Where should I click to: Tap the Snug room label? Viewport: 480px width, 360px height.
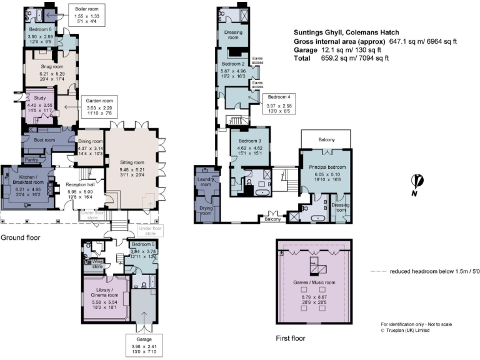(49, 66)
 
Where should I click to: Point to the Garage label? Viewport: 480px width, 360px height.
(144, 339)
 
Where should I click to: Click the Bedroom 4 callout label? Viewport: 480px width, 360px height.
(279, 97)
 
